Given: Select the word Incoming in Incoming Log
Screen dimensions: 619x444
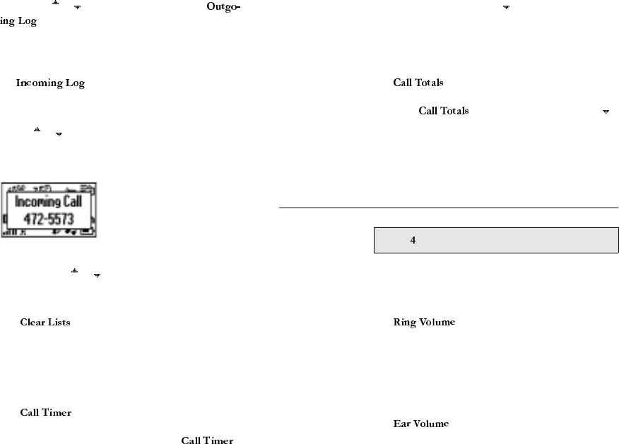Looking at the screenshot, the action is tap(40, 83).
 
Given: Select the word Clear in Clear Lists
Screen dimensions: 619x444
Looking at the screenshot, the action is tap(33, 323).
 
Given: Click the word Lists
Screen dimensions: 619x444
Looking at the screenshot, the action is tap(59, 323).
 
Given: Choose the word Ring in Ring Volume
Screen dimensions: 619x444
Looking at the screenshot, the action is tap(405, 323).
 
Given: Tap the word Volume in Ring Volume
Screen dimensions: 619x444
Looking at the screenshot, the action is tap(437, 323).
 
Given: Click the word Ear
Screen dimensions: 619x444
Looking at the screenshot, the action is tap(401, 424).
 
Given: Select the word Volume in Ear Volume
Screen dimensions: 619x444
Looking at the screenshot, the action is tap(431, 424).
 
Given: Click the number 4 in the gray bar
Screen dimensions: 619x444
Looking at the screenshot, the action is tap(413, 241).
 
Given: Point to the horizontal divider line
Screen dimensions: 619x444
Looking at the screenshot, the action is tap(449, 208).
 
